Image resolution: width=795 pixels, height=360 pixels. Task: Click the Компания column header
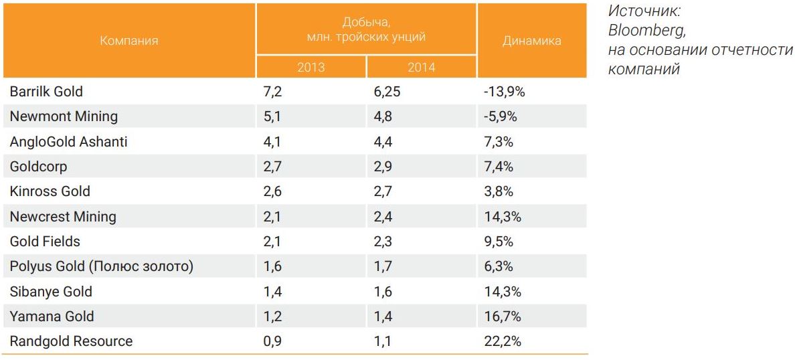129,40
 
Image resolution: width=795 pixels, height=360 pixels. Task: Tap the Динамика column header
531,40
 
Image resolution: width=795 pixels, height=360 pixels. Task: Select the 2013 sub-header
311,67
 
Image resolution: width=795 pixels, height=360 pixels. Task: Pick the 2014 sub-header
421,67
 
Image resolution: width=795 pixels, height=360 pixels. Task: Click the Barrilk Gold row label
46,91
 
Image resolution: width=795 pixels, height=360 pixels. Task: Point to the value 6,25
387,91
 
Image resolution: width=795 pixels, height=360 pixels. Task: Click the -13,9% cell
504,91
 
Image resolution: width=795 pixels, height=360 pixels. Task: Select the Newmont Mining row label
64,116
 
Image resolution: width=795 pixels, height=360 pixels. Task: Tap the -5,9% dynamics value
500,116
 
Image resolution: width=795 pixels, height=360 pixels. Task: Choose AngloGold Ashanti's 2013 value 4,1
272,141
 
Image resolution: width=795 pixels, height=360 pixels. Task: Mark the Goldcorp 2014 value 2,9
383,166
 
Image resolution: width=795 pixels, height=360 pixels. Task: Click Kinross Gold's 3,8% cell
498,191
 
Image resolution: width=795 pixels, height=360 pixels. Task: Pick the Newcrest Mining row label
63,216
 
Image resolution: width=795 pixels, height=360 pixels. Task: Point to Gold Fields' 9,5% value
498,241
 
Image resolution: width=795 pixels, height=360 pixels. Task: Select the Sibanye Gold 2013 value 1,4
272,291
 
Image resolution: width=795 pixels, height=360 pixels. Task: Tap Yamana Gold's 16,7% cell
502,316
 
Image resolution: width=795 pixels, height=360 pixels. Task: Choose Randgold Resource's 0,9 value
272,341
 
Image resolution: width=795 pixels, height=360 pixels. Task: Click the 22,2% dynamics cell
502,341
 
